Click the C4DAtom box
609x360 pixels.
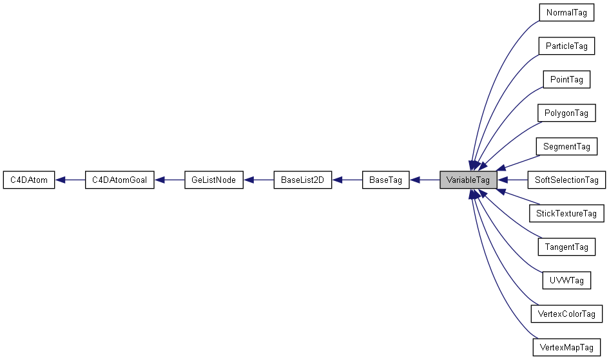click(x=28, y=180)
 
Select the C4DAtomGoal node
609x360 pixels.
click(x=120, y=180)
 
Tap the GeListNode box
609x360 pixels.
click(x=213, y=180)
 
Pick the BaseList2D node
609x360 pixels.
click(x=302, y=180)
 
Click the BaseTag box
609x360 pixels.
click(x=386, y=180)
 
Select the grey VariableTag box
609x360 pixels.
click(x=468, y=180)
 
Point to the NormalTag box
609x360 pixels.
click(x=566, y=13)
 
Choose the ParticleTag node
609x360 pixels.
click(x=566, y=46)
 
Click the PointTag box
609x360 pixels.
click(x=566, y=80)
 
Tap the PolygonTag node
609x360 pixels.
click(x=566, y=113)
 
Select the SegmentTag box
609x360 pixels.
click(x=566, y=147)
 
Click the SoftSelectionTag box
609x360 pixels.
click(x=566, y=180)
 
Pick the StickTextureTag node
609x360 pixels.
click(x=566, y=214)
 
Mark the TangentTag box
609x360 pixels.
click(x=566, y=247)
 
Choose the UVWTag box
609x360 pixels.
click(x=566, y=281)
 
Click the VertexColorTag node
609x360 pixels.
click(x=566, y=314)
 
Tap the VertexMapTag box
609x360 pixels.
click(x=566, y=348)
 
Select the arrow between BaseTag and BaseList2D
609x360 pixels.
click(x=347, y=180)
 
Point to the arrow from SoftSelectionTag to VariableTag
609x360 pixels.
click(x=512, y=180)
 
